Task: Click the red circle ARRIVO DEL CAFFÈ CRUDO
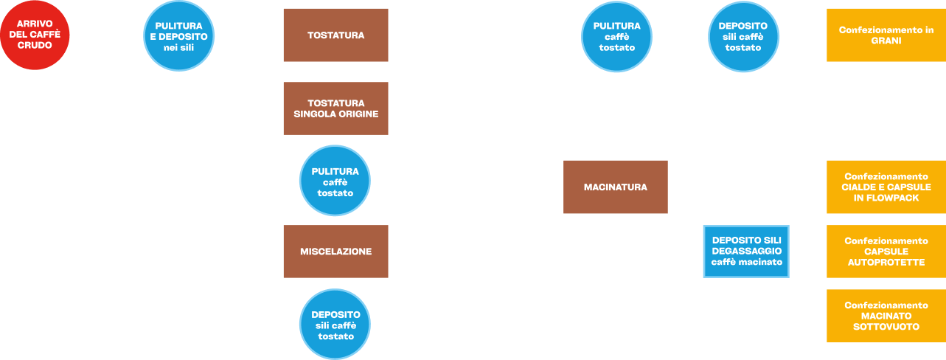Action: [35, 35]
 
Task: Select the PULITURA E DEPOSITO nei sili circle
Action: [178, 36]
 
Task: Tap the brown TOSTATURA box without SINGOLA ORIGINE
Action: [335, 35]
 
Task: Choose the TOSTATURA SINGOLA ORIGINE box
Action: [335, 108]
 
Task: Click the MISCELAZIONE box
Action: [335, 252]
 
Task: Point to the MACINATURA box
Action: [616, 187]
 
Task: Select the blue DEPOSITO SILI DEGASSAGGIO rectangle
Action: [746, 252]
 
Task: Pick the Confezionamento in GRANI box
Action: [886, 35]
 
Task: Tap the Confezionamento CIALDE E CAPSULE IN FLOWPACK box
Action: [886, 187]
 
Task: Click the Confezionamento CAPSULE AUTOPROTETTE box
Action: [886, 252]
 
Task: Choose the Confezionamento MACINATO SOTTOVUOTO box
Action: [886, 316]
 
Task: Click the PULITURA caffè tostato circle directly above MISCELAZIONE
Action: [335, 181]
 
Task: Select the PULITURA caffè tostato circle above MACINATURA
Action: [616, 37]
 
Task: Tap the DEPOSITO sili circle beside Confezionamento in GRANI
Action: [743, 37]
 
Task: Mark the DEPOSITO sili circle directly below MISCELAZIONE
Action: [335, 325]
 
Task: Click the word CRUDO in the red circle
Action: [35, 45]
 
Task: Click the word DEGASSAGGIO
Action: [747, 251]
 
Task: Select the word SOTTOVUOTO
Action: [886, 327]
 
